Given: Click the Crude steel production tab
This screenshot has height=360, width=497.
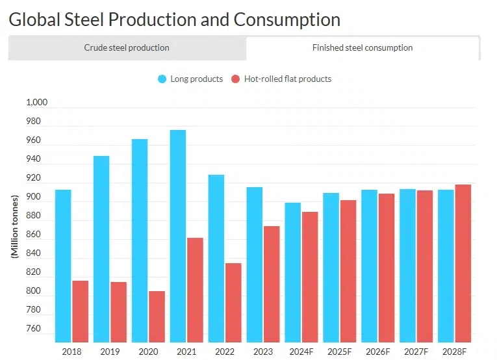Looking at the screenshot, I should [127, 47].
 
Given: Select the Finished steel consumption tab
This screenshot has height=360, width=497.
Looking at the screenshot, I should [363, 47].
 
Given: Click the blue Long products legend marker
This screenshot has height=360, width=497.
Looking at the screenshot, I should [162, 79].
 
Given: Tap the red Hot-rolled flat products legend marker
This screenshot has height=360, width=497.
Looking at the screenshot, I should [236, 79].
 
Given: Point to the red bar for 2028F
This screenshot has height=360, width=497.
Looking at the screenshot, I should [463, 263].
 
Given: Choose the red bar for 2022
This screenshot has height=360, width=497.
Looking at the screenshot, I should [233, 302].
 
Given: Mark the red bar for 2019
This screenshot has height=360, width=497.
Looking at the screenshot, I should [118, 311].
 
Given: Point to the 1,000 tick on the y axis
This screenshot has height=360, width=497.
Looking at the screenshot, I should [37, 103].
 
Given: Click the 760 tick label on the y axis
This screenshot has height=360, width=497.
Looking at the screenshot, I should [33, 329].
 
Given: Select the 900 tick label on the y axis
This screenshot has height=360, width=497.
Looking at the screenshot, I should [33, 198].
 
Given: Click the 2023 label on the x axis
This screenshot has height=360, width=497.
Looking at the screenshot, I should [262, 352].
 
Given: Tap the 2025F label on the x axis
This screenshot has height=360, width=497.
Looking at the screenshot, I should [339, 352].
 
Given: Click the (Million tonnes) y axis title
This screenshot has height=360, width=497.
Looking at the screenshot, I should [14, 226].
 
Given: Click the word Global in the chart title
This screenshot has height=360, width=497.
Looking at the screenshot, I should [33, 19].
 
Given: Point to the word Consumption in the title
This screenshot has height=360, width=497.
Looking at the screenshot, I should [287, 19].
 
